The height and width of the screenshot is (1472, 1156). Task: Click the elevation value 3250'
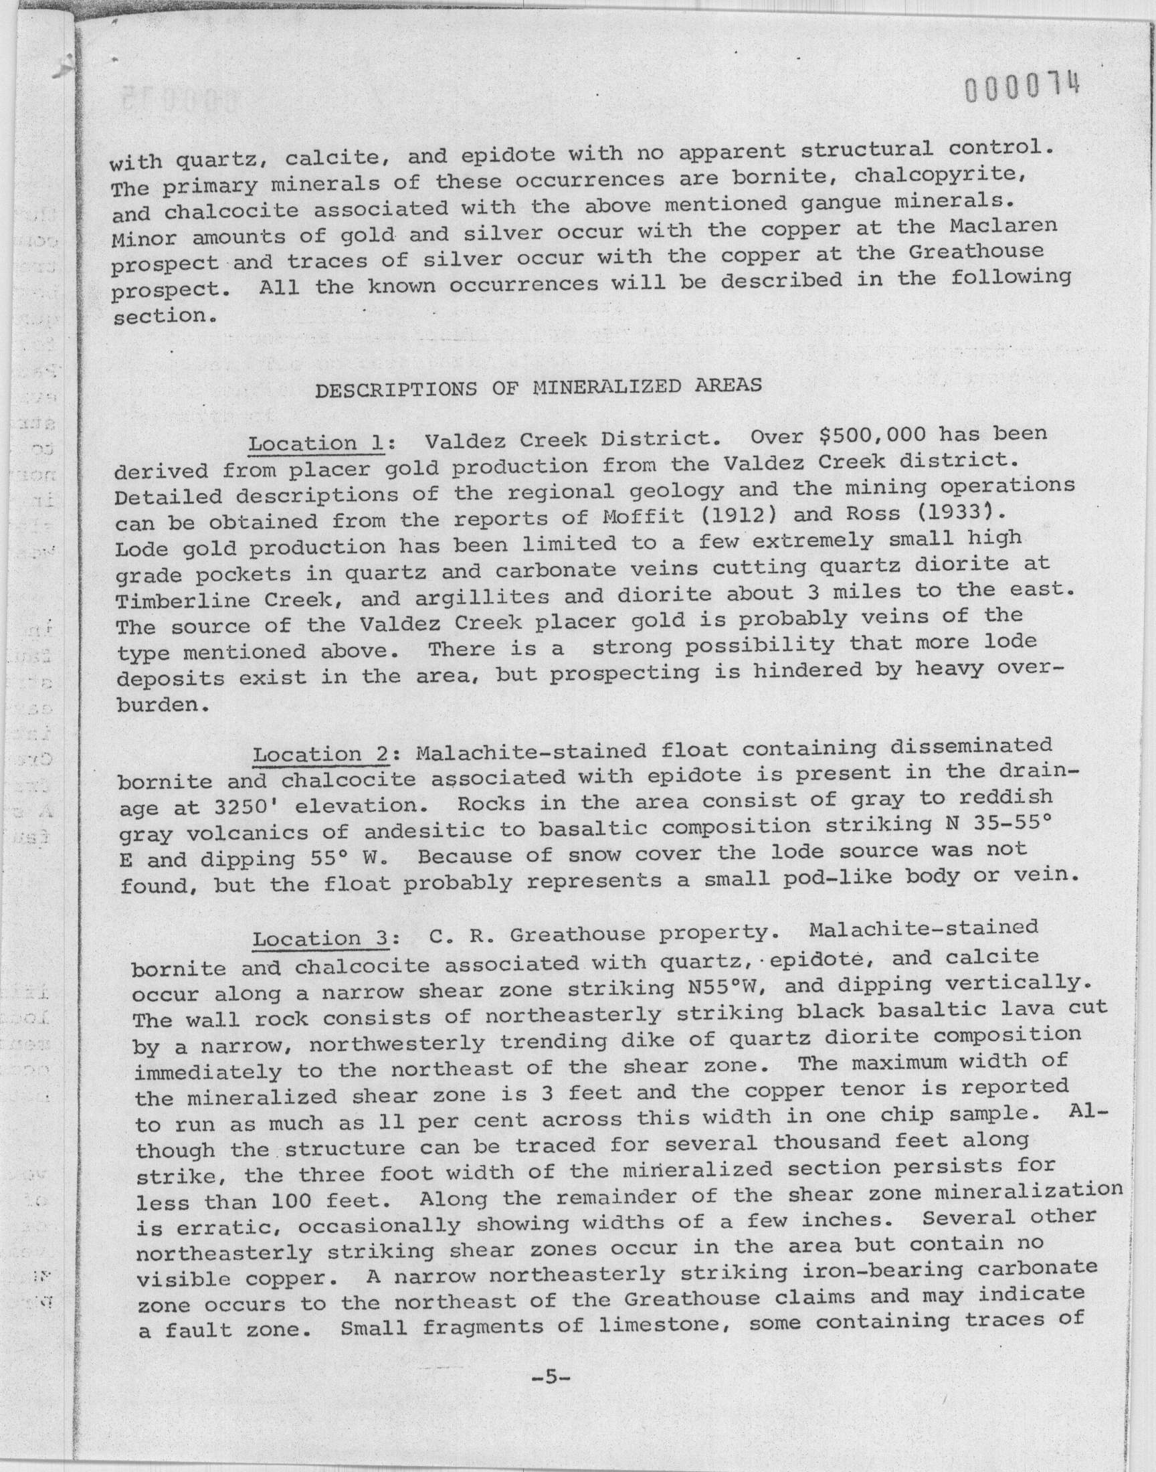coord(241,808)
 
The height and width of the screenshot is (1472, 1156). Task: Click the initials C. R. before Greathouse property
coord(462,936)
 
